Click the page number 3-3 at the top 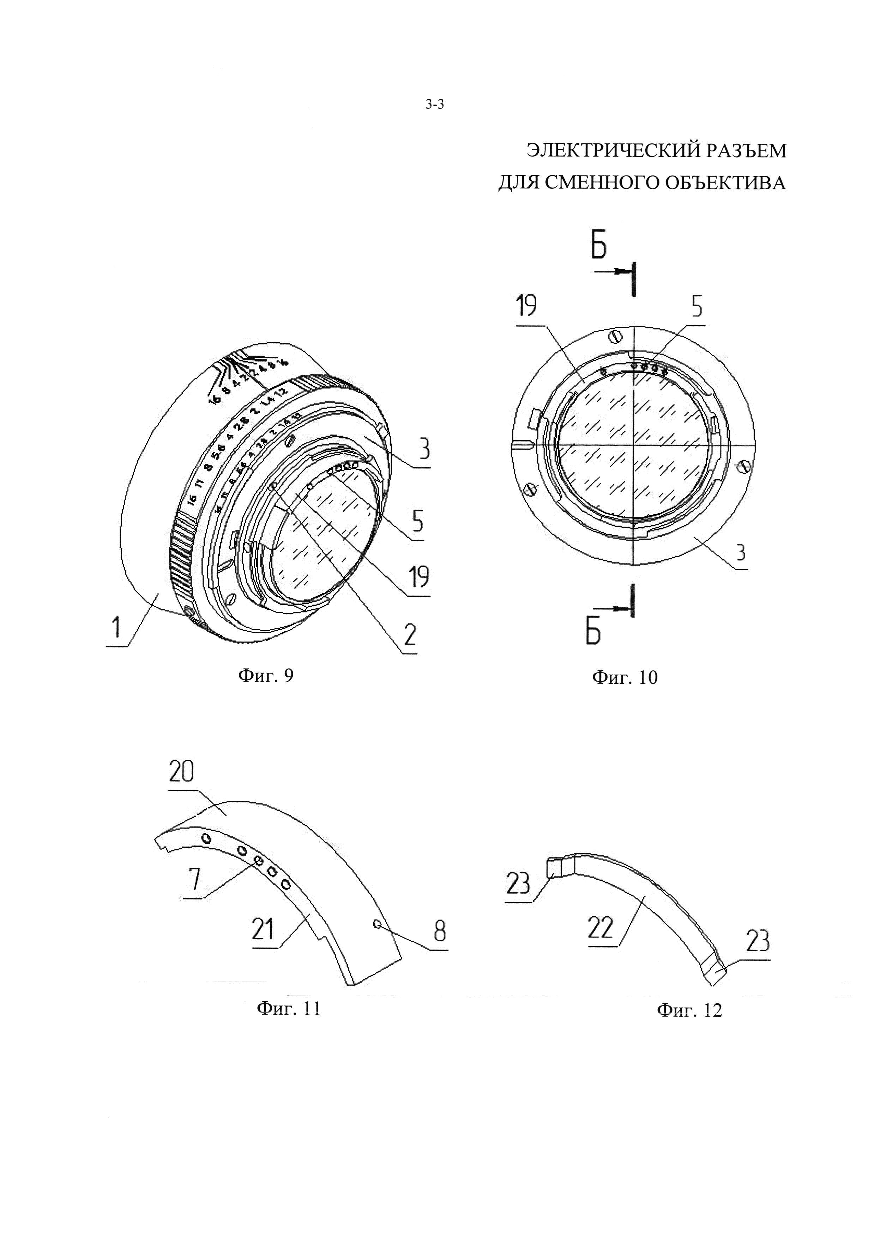point(434,105)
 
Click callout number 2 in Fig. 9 point(410,635)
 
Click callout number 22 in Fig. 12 point(601,927)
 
